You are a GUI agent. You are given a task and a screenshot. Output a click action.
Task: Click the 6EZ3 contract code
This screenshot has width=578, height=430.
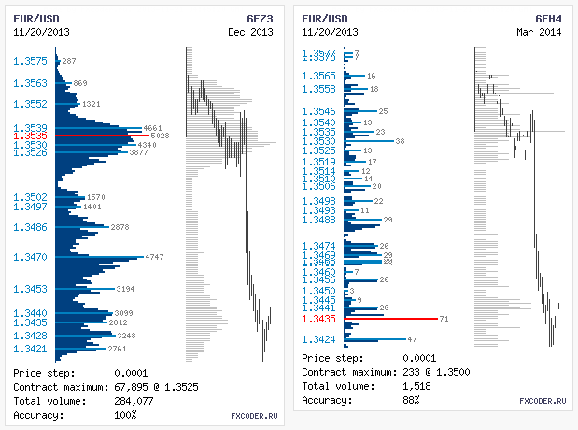260,18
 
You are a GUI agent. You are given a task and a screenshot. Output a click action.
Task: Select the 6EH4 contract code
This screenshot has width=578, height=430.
548,18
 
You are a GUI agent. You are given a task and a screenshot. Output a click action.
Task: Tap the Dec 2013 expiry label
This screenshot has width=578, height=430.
251,32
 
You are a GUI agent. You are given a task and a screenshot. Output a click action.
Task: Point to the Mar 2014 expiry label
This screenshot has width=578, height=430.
540,32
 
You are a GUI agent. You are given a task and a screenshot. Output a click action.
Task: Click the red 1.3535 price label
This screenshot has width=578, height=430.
31,136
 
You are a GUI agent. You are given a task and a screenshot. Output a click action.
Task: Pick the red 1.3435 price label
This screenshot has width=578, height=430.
319,319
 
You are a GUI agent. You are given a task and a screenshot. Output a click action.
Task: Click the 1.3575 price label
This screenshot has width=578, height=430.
31,62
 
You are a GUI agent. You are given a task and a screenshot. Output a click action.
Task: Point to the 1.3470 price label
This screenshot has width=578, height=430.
31,257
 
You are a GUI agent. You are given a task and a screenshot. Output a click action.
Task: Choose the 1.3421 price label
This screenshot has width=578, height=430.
31,349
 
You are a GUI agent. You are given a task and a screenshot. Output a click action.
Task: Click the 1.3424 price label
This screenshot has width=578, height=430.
319,339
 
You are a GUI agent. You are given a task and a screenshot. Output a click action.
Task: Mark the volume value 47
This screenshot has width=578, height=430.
413,339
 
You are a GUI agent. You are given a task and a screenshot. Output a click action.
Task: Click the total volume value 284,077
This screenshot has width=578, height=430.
136,401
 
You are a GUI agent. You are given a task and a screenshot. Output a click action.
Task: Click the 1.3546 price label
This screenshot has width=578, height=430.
319,112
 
